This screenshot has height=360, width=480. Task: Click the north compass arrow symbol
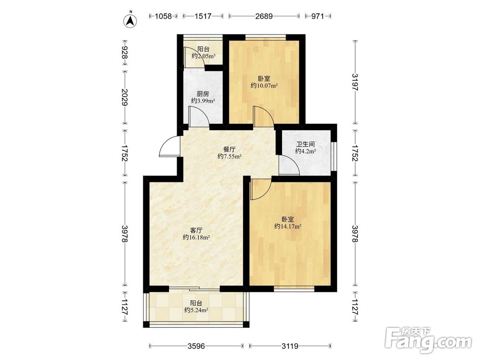click(130, 20)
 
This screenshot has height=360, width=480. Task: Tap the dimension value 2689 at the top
click(264, 16)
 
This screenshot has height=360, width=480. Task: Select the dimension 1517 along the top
click(203, 16)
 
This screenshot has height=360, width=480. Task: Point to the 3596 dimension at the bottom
click(196, 346)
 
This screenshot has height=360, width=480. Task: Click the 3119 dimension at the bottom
click(290, 346)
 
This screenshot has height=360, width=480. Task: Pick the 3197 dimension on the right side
click(355, 82)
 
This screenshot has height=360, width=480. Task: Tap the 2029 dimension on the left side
click(125, 97)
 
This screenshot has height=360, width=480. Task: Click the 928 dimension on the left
click(125, 52)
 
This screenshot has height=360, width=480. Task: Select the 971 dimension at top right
click(317, 16)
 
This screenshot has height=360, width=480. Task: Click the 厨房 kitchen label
click(203, 94)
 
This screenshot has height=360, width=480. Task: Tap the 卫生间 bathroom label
click(305, 144)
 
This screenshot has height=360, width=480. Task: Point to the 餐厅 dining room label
click(229, 149)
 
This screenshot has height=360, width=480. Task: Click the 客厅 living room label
click(196, 230)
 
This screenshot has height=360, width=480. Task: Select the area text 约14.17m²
click(288, 227)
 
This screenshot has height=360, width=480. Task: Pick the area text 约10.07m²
click(264, 86)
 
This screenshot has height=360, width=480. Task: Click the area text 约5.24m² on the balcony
click(196, 311)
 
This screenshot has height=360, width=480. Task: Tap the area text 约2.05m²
click(204, 56)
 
